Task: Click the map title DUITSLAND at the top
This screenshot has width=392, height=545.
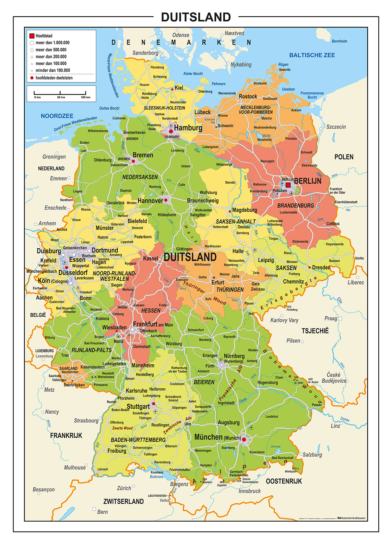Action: pyautogui.click(x=196, y=17)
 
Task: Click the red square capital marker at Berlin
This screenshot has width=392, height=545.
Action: pyautogui.click(x=288, y=185)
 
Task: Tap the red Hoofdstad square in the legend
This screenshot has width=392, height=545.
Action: pyautogui.click(x=32, y=36)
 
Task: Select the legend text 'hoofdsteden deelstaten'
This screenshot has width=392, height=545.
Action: pyautogui.click(x=54, y=78)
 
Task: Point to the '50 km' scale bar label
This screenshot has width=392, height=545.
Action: pyautogui.click(x=61, y=97)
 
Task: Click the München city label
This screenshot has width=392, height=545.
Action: pyautogui.click(x=208, y=437)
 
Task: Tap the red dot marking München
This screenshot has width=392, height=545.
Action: pyautogui.click(x=244, y=440)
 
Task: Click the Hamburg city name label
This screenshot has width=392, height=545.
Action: pyautogui.click(x=188, y=128)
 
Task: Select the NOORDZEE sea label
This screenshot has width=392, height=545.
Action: pyautogui.click(x=57, y=116)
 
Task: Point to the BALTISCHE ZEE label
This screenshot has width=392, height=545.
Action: pyautogui.click(x=312, y=55)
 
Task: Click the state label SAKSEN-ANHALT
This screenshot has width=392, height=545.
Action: pyautogui.click(x=236, y=221)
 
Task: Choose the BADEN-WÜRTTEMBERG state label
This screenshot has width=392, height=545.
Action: pyautogui.click(x=138, y=440)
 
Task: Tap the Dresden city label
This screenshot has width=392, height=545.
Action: pyautogui.click(x=321, y=267)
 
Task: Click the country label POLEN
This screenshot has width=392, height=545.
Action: pyautogui.click(x=344, y=157)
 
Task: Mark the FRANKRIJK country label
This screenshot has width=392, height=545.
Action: pyautogui.click(x=66, y=435)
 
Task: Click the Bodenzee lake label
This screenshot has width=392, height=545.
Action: pyautogui.click(x=157, y=476)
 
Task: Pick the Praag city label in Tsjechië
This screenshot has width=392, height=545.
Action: pyautogui.click(x=331, y=318)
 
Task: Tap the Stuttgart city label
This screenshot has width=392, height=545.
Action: pyautogui.click(x=138, y=407)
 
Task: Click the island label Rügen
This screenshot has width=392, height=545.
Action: pyautogui.click(x=283, y=64)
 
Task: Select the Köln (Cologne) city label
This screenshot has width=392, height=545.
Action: pyautogui.click(x=53, y=281)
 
